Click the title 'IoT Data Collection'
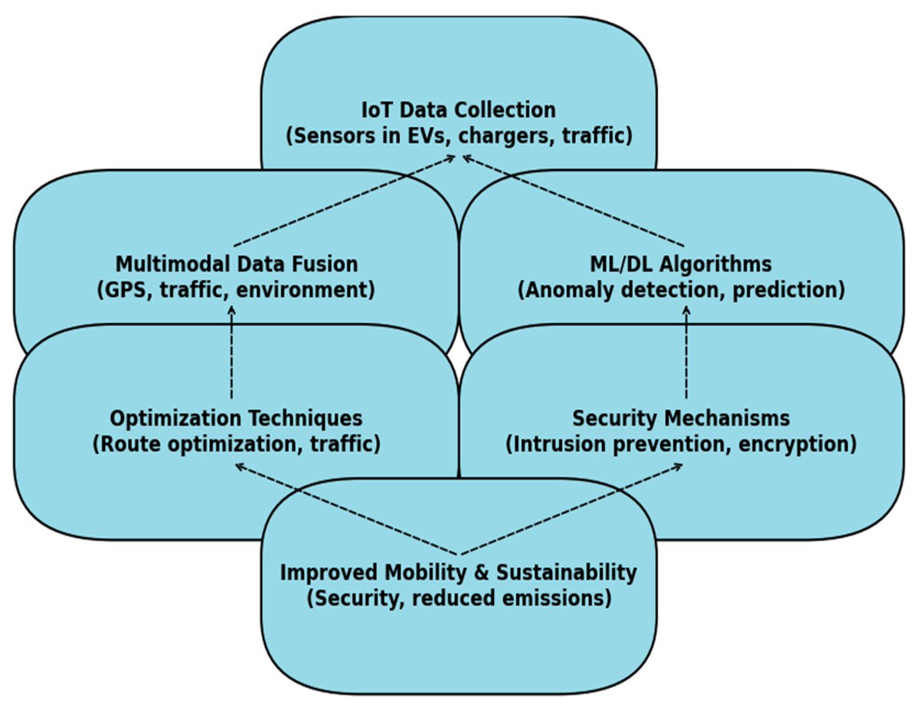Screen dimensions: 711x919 click(x=459, y=109)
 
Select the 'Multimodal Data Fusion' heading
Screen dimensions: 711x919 click(x=237, y=265)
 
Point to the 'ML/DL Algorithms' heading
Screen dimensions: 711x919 click(x=681, y=265)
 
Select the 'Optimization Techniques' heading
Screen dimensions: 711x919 click(x=236, y=419)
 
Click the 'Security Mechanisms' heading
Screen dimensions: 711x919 click(x=681, y=419)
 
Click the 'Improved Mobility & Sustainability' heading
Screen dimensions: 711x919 click(x=459, y=572)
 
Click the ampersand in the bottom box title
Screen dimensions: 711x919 click(x=482, y=572)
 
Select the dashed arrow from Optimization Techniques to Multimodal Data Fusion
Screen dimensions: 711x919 click(x=231, y=352)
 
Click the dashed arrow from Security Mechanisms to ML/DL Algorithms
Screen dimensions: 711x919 click(x=686, y=352)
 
